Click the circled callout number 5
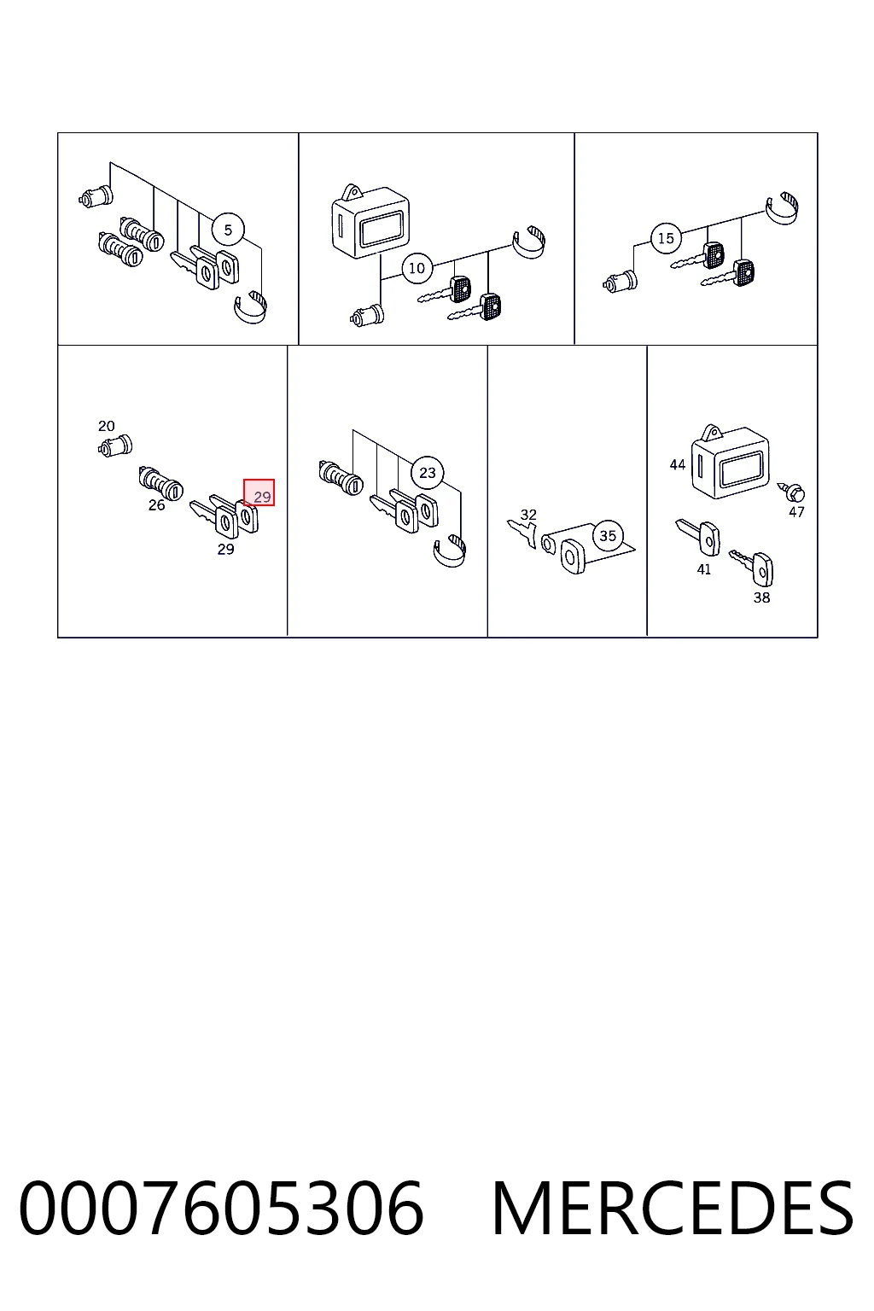coord(228,230)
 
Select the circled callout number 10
coord(417,268)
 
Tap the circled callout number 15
coord(666,238)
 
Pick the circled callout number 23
coord(428,472)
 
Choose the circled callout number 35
coord(608,535)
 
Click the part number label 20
coord(107,426)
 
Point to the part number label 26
coord(156,505)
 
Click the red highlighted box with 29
coord(259,492)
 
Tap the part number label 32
coord(528,515)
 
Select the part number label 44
coord(678,464)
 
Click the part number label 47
coord(796,512)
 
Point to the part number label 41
coord(703,569)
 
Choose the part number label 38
coord(761,597)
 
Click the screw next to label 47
coord(791,491)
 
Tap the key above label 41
coord(698,536)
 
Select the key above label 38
coord(752,568)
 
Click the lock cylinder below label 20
coord(114,446)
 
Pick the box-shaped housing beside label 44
coord(730,462)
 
